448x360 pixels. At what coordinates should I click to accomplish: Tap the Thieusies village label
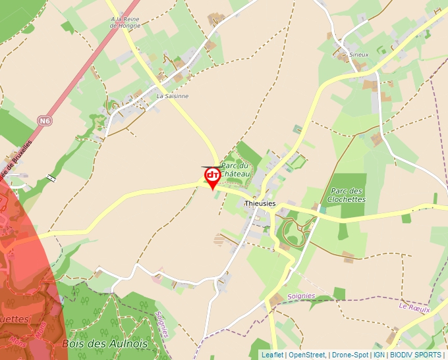coord(260,204)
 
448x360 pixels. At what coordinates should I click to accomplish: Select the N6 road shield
coord(44,120)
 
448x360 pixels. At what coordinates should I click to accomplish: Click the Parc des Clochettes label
coord(347,195)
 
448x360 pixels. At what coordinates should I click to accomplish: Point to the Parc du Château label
coord(235,169)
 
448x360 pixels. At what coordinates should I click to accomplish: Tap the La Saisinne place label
coord(173,96)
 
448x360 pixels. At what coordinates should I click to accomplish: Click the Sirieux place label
coord(359,55)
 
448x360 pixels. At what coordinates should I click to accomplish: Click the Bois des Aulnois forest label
coord(105,344)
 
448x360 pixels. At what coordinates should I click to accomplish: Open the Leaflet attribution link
coord(272,355)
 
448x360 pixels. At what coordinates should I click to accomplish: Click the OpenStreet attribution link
coord(307,355)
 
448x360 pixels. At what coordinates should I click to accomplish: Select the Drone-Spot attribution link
coord(349,355)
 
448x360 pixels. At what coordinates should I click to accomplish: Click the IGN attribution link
coord(379,355)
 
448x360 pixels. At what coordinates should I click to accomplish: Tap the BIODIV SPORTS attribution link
coord(416,355)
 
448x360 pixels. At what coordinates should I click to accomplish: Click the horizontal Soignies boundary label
coord(302,296)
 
